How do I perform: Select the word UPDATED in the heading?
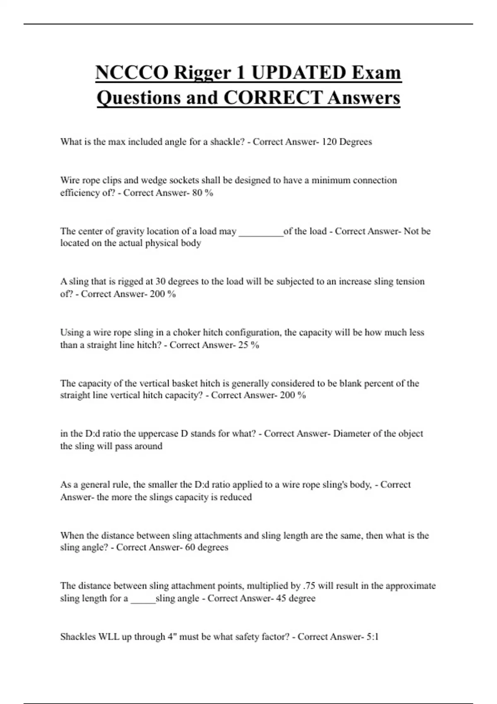click(x=298, y=72)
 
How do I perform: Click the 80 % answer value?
click(x=203, y=193)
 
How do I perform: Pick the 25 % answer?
click(x=248, y=345)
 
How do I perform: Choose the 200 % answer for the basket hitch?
click(x=293, y=395)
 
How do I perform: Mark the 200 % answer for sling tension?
click(x=163, y=294)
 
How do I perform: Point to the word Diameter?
click(x=352, y=434)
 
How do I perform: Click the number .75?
click(x=309, y=586)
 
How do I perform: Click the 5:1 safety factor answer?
click(x=373, y=637)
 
